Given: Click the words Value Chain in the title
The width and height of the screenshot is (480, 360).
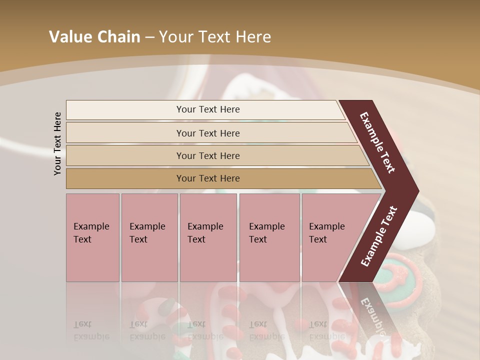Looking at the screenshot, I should (x=94, y=37).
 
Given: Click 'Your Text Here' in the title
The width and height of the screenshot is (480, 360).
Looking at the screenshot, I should (x=215, y=37).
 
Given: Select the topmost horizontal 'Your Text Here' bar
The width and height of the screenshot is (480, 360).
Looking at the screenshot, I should (x=207, y=109).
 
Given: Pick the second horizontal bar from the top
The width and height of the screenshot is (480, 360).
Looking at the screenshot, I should (x=207, y=133).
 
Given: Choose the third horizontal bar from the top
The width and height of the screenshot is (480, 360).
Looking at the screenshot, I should (x=207, y=155).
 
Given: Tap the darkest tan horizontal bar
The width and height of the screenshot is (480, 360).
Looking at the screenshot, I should (x=207, y=178).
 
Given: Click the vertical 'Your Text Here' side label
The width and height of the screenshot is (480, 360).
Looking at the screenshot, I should (x=57, y=143).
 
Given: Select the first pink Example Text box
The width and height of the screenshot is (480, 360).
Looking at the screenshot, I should (x=92, y=237).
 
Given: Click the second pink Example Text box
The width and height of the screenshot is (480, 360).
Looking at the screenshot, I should (x=149, y=237).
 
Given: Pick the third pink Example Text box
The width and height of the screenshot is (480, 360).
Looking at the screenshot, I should (x=208, y=237).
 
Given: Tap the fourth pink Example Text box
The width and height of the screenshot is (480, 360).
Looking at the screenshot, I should (x=269, y=237).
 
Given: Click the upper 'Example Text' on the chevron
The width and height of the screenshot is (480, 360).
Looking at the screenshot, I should (x=377, y=142).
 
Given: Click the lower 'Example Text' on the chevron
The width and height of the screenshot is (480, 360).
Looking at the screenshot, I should (x=379, y=236).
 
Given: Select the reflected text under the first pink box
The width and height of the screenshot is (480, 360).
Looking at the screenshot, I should (x=91, y=330).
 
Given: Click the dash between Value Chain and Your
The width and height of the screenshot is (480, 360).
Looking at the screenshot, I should (x=149, y=37).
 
